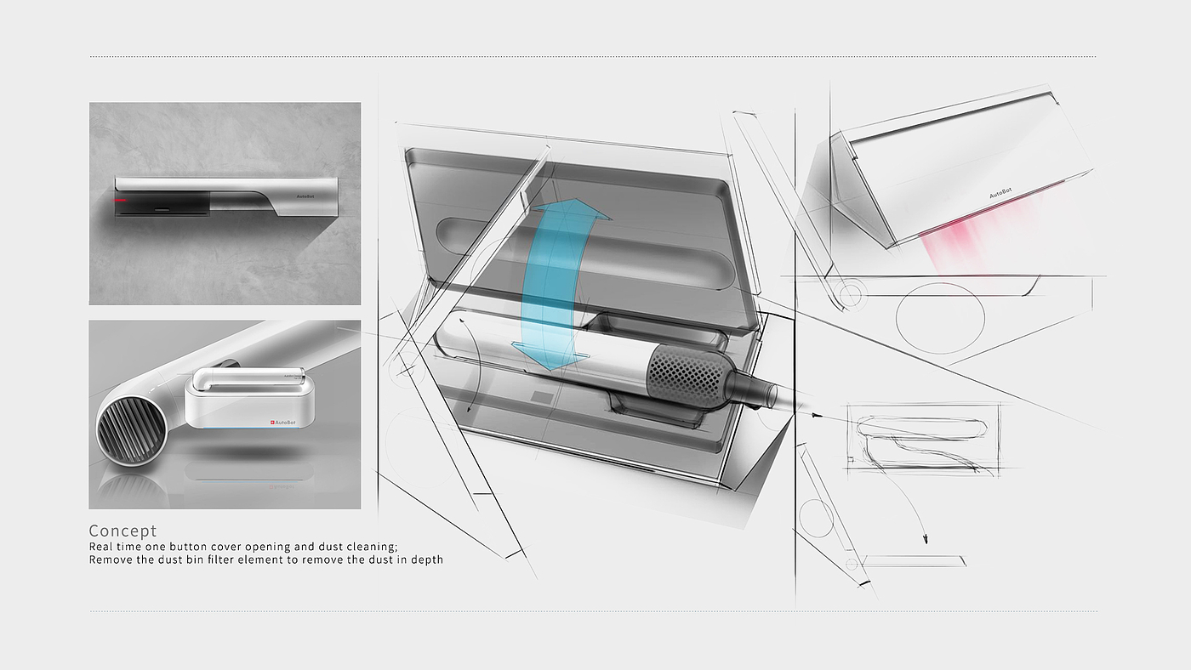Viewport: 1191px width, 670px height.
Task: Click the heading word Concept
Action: [x=123, y=531]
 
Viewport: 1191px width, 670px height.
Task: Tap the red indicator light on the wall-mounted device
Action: [x=120, y=201]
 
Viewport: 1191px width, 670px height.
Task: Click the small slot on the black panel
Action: [x=162, y=210]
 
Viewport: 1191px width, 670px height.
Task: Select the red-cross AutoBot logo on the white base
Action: [x=282, y=423]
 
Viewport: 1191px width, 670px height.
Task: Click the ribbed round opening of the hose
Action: [x=123, y=434]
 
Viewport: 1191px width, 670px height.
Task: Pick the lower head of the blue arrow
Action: [x=551, y=356]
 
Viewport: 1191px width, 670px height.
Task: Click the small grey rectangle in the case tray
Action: [x=541, y=397]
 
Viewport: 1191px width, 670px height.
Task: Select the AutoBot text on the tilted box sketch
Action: [x=1000, y=193]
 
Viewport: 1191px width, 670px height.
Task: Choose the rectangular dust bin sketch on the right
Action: [x=924, y=439]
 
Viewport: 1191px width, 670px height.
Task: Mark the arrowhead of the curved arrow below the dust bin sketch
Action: [x=926, y=539]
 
